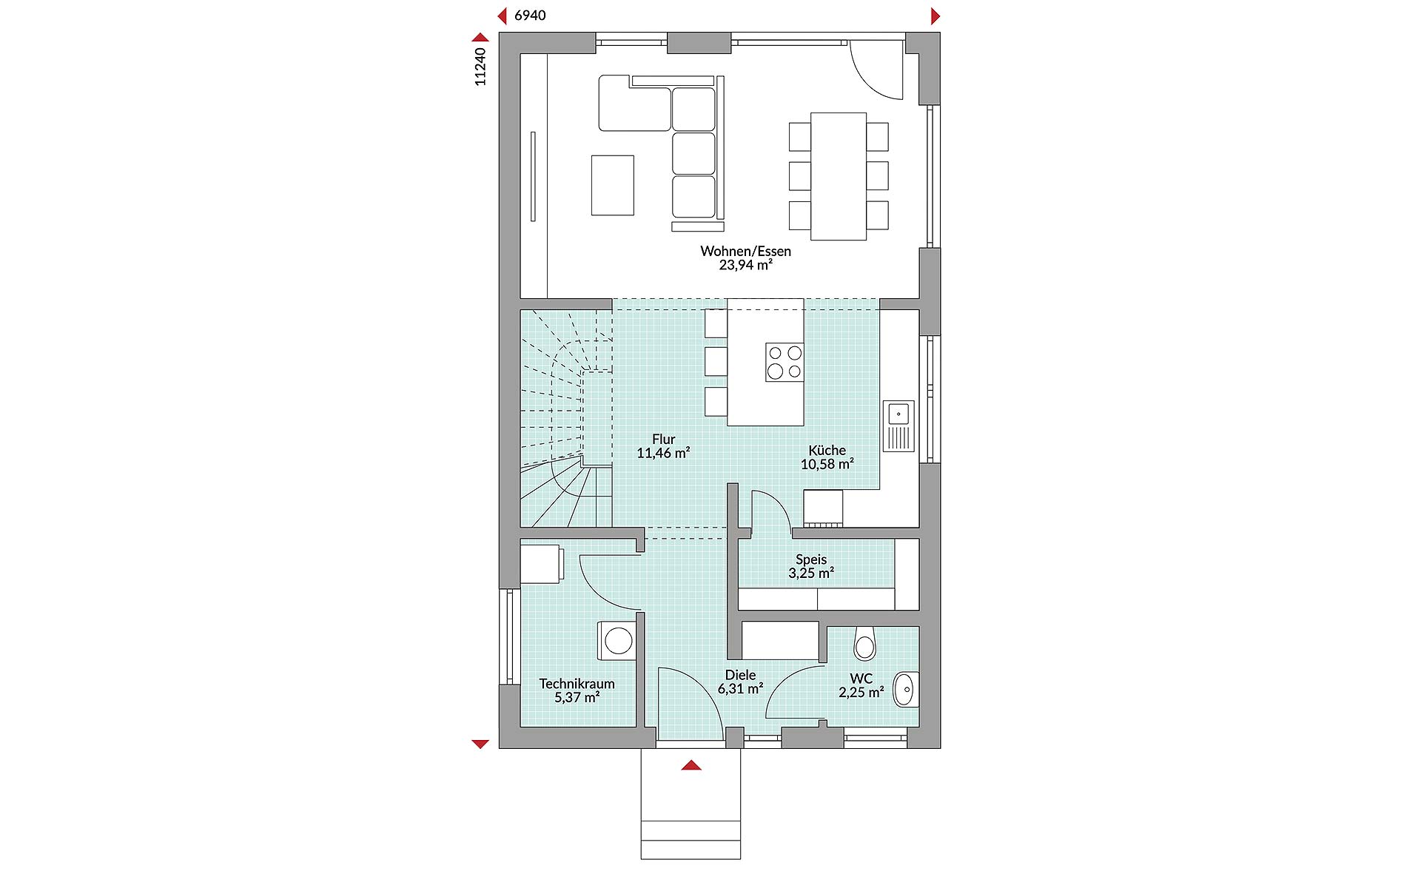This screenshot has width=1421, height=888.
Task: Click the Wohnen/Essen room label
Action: pyautogui.click(x=745, y=258)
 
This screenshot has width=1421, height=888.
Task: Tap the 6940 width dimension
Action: pyautogui.click(x=530, y=16)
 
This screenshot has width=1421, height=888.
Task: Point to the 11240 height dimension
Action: pyautogui.click(x=480, y=67)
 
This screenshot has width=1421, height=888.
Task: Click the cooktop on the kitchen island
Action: pyautogui.click(x=784, y=362)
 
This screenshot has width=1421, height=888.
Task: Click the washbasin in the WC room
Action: pyautogui.click(x=905, y=689)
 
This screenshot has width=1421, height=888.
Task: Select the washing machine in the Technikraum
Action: pyautogui.click(x=617, y=640)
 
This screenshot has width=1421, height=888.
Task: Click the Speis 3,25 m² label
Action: pyautogui.click(x=811, y=566)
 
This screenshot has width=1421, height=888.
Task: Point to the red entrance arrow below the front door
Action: pyautogui.click(x=691, y=766)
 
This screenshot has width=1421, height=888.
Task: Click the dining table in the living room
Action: pyautogui.click(x=838, y=176)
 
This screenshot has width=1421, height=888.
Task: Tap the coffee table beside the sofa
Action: pyautogui.click(x=612, y=185)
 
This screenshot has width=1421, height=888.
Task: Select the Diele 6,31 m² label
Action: pyautogui.click(x=740, y=682)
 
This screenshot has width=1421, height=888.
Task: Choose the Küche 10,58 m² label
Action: pyautogui.click(x=827, y=457)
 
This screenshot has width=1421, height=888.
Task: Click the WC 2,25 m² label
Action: pyautogui.click(x=861, y=685)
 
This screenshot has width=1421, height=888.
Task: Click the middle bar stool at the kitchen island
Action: pyautogui.click(x=716, y=362)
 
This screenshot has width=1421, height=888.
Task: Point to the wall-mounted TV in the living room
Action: pyautogui.click(x=532, y=176)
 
